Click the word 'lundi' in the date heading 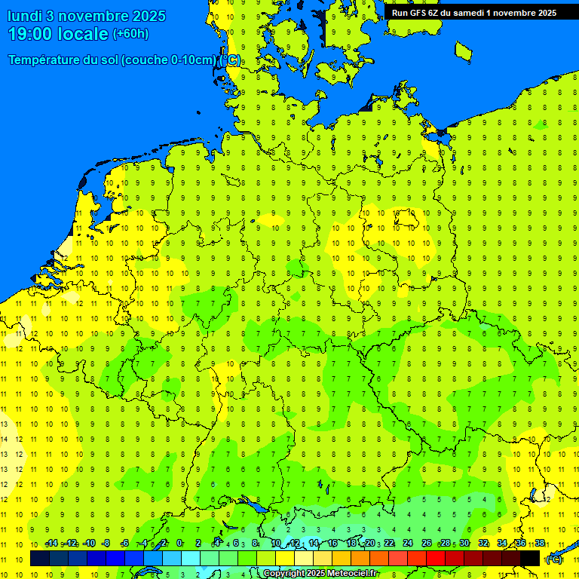[x=27, y=16]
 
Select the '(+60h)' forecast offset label [x=130, y=34]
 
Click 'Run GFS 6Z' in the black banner [x=415, y=13]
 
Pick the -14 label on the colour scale [x=51, y=543]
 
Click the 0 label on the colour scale [x=179, y=543]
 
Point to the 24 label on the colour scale [x=408, y=543]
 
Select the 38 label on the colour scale [x=540, y=543]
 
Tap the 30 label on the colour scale [x=464, y=543]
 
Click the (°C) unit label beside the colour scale [x=554, y=559]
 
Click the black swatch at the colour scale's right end [x=530, y=558]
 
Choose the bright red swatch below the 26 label [x=436, y=558]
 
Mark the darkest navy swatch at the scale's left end [x=40, y=558]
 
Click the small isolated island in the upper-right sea [x=463, y=51]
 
